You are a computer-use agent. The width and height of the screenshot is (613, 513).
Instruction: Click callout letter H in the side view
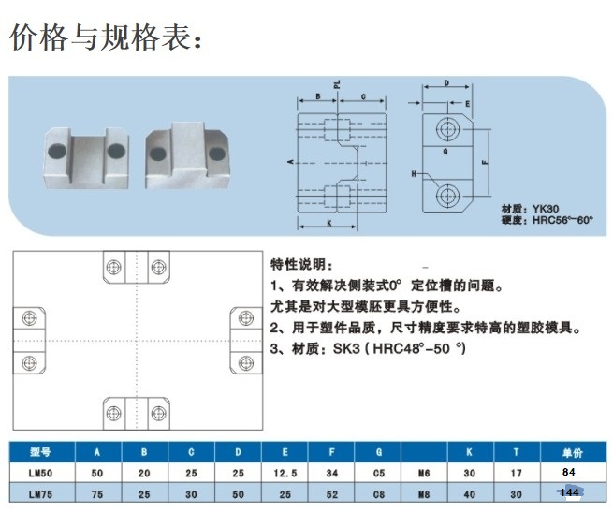[414, 175]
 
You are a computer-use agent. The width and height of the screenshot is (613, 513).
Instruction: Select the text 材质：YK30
[529, 208]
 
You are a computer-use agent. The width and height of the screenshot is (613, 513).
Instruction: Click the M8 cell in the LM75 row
[425, 492]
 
